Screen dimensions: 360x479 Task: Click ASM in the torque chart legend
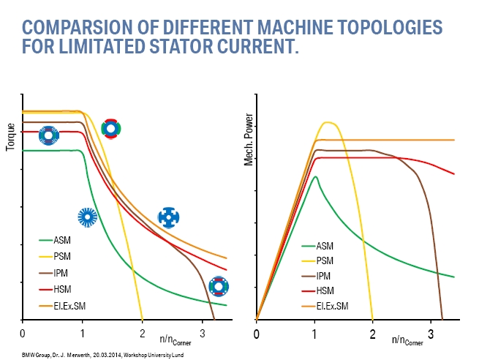(62, 239)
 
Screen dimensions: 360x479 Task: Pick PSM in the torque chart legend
(62, 256)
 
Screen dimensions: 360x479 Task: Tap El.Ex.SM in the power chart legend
(333, 305)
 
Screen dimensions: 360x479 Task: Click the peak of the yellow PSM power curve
(328, 122)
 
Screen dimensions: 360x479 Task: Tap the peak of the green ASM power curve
(315, 176)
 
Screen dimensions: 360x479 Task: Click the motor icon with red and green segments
(110, 129)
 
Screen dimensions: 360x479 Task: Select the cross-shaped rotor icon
(169, 217)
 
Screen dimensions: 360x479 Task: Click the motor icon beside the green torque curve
(88, 216)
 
